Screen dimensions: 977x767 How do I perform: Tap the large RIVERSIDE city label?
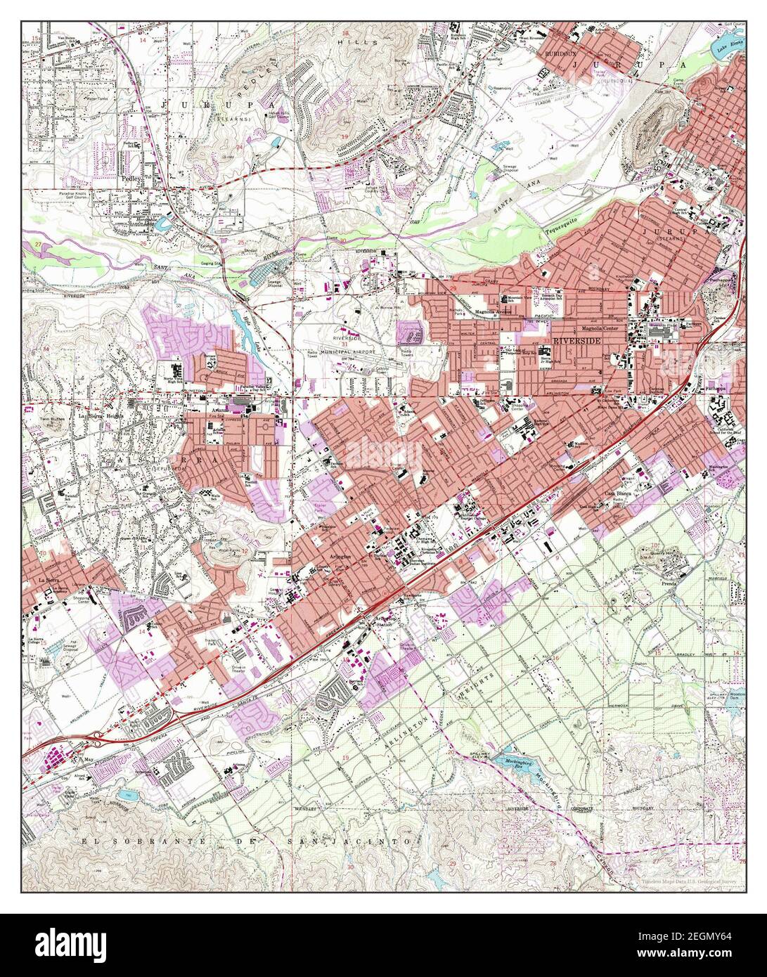578,339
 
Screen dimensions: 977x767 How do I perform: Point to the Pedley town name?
131,179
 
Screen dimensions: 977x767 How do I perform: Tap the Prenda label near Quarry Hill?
669,583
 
